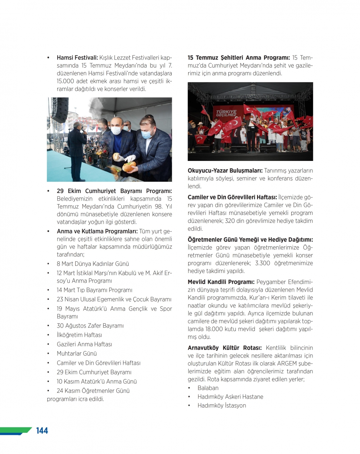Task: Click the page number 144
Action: point(42,431)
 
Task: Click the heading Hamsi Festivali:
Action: point(77,58)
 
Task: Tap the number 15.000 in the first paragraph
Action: point(64,81)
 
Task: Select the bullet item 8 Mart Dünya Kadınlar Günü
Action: point(93,264)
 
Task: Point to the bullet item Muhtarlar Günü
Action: point(77,354)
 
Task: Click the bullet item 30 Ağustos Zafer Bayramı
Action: point(90,326)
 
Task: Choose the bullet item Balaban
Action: point(208,388)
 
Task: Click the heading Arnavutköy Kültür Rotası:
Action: point(225,348)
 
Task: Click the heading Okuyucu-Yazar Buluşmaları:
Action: point(225,171)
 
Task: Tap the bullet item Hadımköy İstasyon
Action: point(222,405)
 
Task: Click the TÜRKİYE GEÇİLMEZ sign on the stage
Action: point(226,113)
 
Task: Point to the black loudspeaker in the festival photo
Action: point(59,110)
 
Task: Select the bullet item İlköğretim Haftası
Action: point(79,335)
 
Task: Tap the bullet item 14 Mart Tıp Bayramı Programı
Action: point(94,290)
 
